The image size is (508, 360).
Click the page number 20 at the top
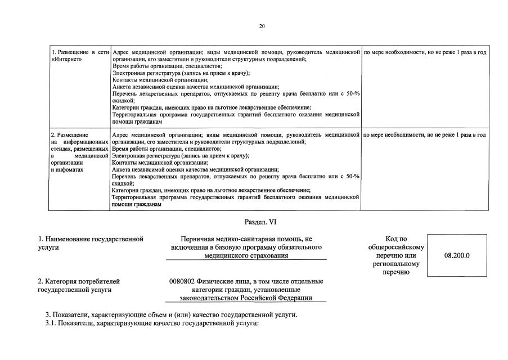click(x=262, y=26)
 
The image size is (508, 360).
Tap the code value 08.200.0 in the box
click(x=457, y=255)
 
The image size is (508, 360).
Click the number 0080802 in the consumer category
click(x=181, y=281)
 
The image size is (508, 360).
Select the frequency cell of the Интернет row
click(x=425, y=52)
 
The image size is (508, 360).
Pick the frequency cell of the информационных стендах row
click(x=425, y=135)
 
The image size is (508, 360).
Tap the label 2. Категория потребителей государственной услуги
click(x=78, y=285)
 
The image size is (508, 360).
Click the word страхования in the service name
click(x=268, y=255)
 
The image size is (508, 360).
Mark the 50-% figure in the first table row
click(x=352, y=93)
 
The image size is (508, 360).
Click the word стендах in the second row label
click(x=62, y=148)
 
